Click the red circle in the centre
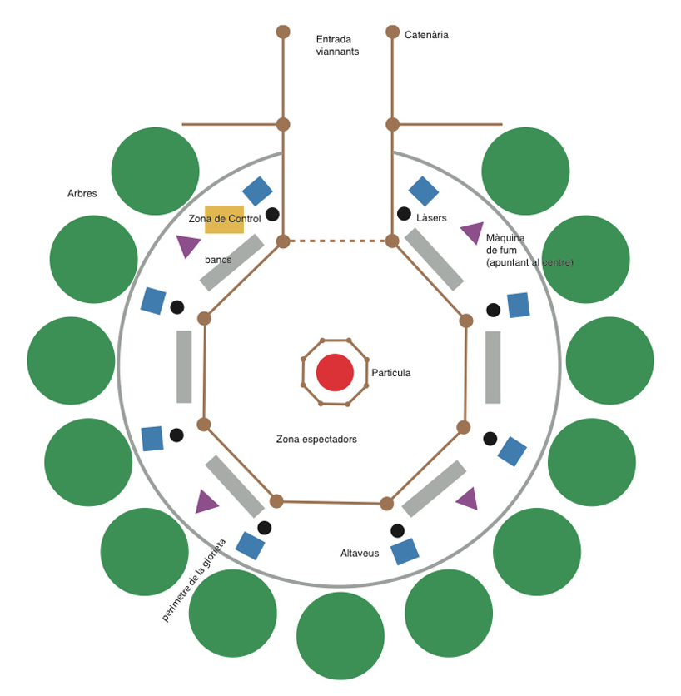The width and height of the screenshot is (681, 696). tap(336, 372)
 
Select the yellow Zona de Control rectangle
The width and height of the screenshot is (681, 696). tap(224, 219)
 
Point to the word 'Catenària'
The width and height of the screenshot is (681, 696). tap(426, 35)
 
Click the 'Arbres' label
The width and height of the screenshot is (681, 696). tap(82, 194)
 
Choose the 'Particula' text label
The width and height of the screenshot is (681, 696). tap(390, 373)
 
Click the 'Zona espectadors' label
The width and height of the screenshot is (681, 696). tap(316, 439)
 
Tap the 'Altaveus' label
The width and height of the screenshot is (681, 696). tap(360, 553)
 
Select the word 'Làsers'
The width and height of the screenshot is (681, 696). tap(431, 218)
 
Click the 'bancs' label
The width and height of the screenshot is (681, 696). tap(218, 260)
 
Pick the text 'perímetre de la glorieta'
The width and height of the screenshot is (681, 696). tap(194, 580)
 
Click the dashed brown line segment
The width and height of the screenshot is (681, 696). tap(337, 241)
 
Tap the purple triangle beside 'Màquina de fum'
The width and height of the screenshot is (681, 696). tap(471, 232)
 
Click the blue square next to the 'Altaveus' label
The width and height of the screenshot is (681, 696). tap(405, 551)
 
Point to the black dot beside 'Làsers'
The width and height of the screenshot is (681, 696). tap(404, 214)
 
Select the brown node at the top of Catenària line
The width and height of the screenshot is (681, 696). tap(392, 32)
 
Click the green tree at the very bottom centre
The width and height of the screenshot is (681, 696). tap(340, 636)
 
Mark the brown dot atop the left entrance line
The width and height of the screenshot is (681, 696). tap(283, 32)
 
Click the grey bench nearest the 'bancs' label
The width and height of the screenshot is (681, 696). tap(231, 262)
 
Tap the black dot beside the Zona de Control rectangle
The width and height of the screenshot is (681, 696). tap(272, 214)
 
